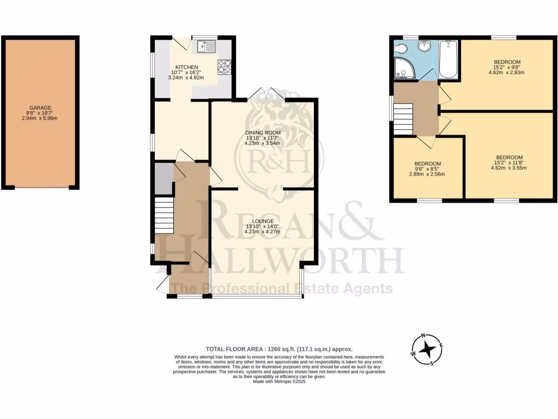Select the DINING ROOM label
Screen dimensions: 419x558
click(263, 133)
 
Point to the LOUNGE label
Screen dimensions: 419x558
click(263, 221)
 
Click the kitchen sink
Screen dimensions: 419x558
click(207, 47)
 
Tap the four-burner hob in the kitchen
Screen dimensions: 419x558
click(224, 67)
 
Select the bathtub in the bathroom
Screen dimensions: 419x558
click(448, 59)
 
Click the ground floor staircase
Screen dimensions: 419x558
click(163, 216)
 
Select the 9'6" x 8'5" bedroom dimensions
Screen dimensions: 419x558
click(428, 169)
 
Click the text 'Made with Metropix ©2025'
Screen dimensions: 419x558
click(279, 382)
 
